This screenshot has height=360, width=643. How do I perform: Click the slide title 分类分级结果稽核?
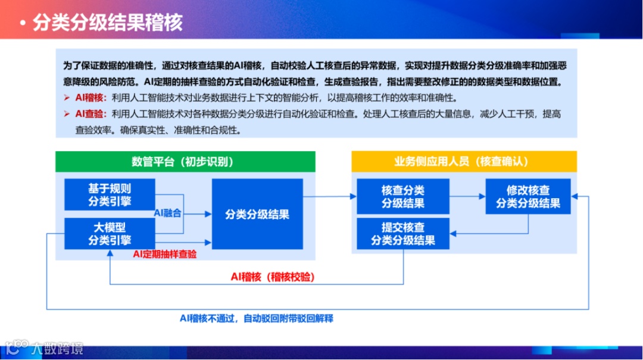(x=107, y=23)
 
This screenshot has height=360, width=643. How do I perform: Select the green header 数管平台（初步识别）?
(x=185, y=162)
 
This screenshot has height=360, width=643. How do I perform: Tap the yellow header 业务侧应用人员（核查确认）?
(x=463, y=162)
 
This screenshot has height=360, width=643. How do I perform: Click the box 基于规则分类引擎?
(x=110, y=195)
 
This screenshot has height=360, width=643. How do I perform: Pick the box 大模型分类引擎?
(x=110, y=233)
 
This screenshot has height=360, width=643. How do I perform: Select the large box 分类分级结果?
(x=257, y=214)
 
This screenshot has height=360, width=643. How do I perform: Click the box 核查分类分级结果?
(x=403, y=196)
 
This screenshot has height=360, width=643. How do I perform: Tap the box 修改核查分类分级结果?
(x=528, y=196)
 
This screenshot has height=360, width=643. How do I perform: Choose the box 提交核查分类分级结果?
(x=403, y=234)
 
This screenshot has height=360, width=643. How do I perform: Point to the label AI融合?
(x=168, y=212)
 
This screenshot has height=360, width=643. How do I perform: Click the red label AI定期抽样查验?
(x=165, y=254)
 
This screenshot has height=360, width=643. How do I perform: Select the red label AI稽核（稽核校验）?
(x=273, y=277)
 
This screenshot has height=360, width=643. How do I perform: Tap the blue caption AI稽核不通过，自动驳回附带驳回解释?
(x=257, y=318)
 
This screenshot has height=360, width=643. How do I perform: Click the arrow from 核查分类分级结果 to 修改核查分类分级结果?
(x=467, y=196)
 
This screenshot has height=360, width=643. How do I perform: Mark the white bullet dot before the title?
(x=22, y=24)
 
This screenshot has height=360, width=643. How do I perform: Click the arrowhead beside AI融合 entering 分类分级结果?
(x=208, y=214)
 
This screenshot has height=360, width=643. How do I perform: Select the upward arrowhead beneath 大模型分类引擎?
(x=110, y=253)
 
